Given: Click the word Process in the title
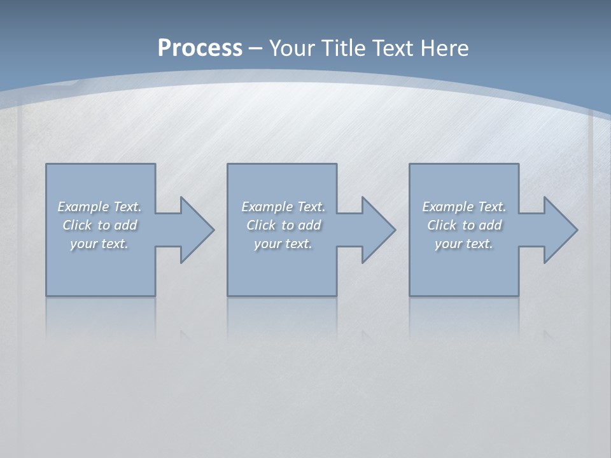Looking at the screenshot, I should [x=200, y=48].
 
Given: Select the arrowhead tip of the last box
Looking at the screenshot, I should [x=577, y=230].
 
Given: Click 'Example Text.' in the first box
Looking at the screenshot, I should [x=99, y=207].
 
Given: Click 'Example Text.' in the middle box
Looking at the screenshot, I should [x=283, y=207].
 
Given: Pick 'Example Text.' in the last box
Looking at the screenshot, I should [x=464, y=207].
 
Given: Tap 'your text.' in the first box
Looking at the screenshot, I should [x=99, y=244].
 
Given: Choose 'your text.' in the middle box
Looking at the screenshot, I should [x=283, y=244].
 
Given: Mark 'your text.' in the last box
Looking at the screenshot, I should [x=464, y=244].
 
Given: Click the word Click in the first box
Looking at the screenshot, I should [x=77, y=225].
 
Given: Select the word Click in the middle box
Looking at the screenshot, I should [x=261, y=225].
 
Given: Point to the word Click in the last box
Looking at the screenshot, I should [x=442, y=225].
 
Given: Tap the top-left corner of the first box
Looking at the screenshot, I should [x=46, y=164].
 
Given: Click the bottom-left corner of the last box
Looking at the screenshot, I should [x=410, y=295].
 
